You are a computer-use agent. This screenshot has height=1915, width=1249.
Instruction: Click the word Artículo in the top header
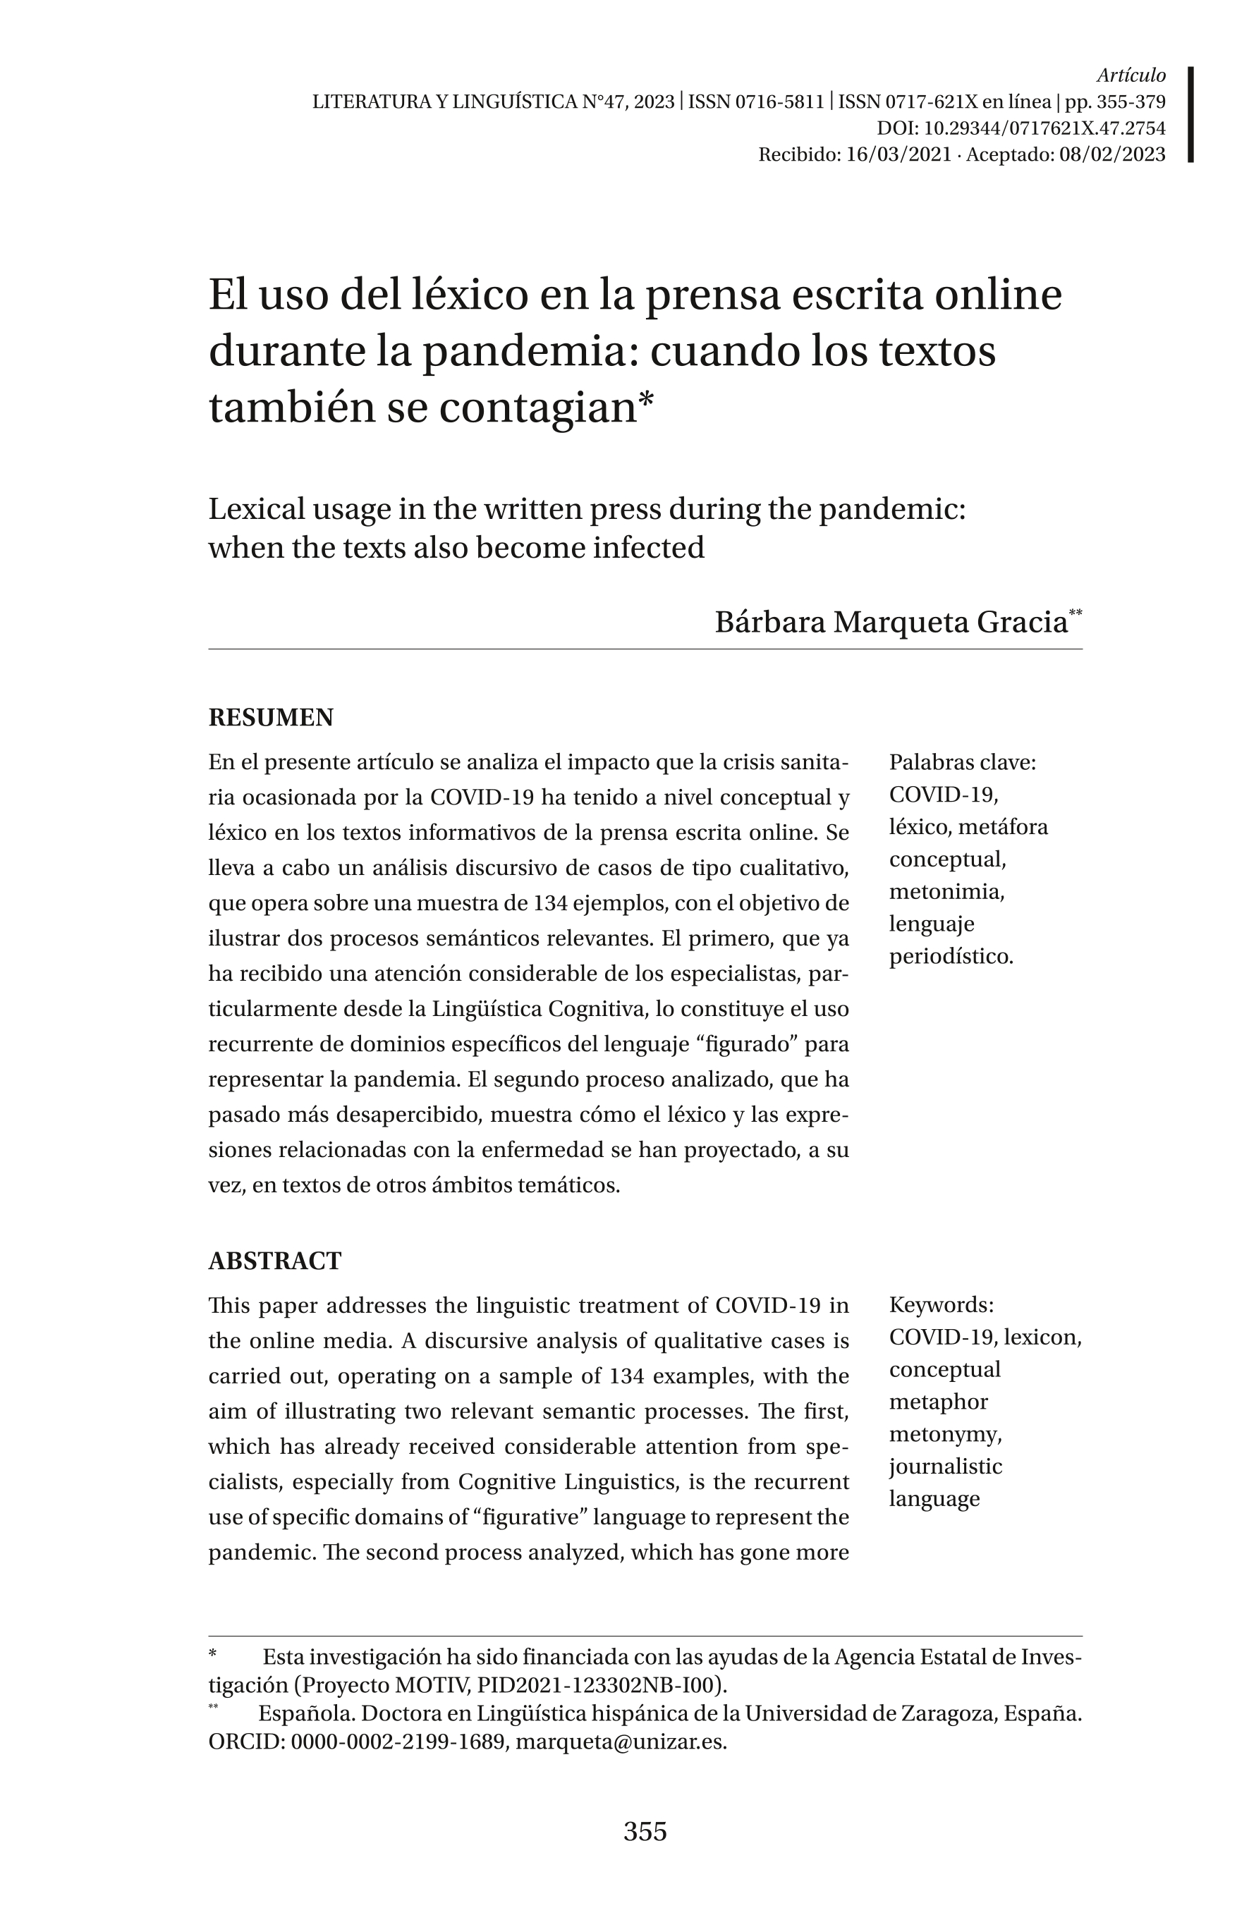(1131, 75)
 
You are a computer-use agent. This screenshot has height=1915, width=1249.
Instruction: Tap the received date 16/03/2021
(898, 154)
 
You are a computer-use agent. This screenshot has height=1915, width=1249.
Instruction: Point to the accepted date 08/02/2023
(1112, 154)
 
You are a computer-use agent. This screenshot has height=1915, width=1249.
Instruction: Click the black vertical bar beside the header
(1190, 114)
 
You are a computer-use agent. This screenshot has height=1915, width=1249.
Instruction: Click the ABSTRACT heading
(274, 1260)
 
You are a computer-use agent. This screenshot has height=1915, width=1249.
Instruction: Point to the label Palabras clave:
(963, 762)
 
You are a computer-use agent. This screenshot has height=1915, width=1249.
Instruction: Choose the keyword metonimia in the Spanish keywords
(946, 891)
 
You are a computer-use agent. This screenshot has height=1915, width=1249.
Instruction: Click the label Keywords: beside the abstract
(942, 1304)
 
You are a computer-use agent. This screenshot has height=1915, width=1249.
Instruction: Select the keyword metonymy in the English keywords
(945, 1434)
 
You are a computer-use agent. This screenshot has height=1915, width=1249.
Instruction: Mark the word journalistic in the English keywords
(946, 1466)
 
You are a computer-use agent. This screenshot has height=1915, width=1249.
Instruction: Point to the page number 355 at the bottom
(645, 1831)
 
